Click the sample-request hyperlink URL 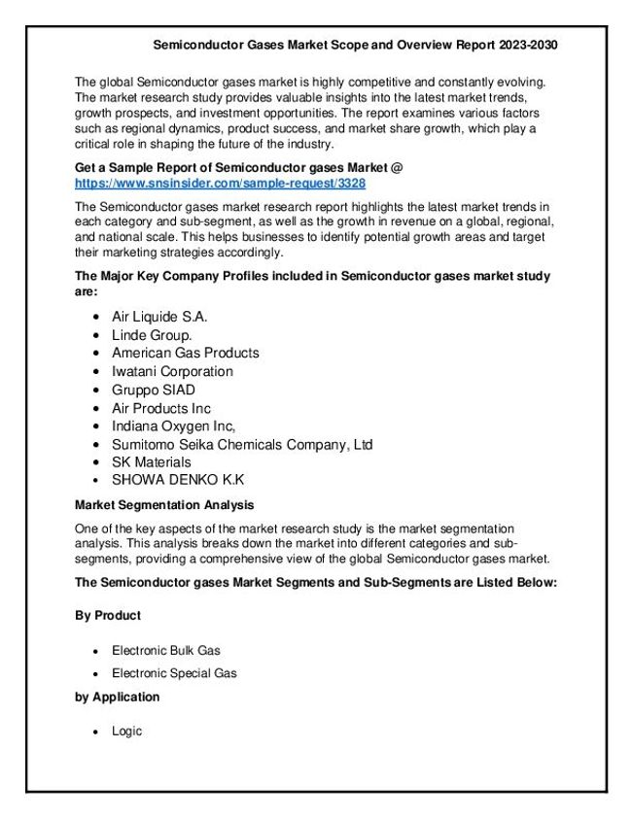point(220,183)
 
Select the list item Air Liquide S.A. point(159,317)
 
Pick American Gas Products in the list point(185,353)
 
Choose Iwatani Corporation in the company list point(172,371)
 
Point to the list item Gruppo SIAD point(154,390)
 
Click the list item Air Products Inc point(160,408)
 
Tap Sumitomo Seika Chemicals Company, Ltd point(242,445)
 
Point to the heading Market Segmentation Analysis point(164,505)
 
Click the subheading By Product point(108,616)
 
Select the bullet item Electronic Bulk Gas point(173,650)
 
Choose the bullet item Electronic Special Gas point(174,672)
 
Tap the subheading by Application point(117,697)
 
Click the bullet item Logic point(126,731)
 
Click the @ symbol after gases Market point(397,168)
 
